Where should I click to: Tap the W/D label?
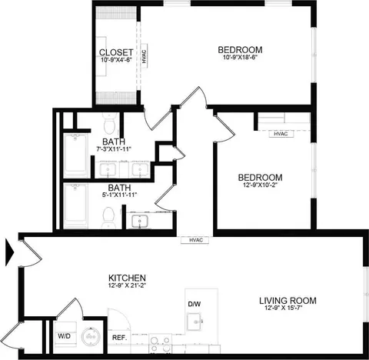64,336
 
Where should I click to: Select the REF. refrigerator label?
120,338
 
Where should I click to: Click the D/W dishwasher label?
194,305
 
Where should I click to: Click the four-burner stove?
161,344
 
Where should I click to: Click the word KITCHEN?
127,278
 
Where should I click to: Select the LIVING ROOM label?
288,301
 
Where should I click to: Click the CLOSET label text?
116,52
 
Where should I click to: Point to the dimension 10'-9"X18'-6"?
240,57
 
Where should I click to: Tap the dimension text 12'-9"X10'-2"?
261,185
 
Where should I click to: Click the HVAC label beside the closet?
145,56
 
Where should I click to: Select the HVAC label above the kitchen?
196,240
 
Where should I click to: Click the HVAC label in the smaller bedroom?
281,134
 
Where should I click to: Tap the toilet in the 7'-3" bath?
110,122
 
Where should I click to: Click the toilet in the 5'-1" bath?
108,218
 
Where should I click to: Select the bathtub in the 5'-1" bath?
76,205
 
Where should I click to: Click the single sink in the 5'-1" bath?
139,222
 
